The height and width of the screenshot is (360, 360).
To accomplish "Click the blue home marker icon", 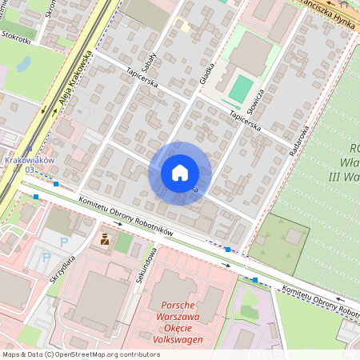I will click(180, 173).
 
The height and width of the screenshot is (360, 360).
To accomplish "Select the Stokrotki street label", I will click(17, 36).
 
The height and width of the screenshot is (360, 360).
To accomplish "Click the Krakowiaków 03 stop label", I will click(29, 164).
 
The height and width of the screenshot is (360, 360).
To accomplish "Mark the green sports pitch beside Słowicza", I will click(239, 88).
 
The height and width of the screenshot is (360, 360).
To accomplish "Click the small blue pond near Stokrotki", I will click(24, 63).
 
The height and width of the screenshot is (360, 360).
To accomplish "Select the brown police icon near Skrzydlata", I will click(105, 238).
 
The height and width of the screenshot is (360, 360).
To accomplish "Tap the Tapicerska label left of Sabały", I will click(142, 78).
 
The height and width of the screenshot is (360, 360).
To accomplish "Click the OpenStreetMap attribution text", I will click(80, 354).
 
